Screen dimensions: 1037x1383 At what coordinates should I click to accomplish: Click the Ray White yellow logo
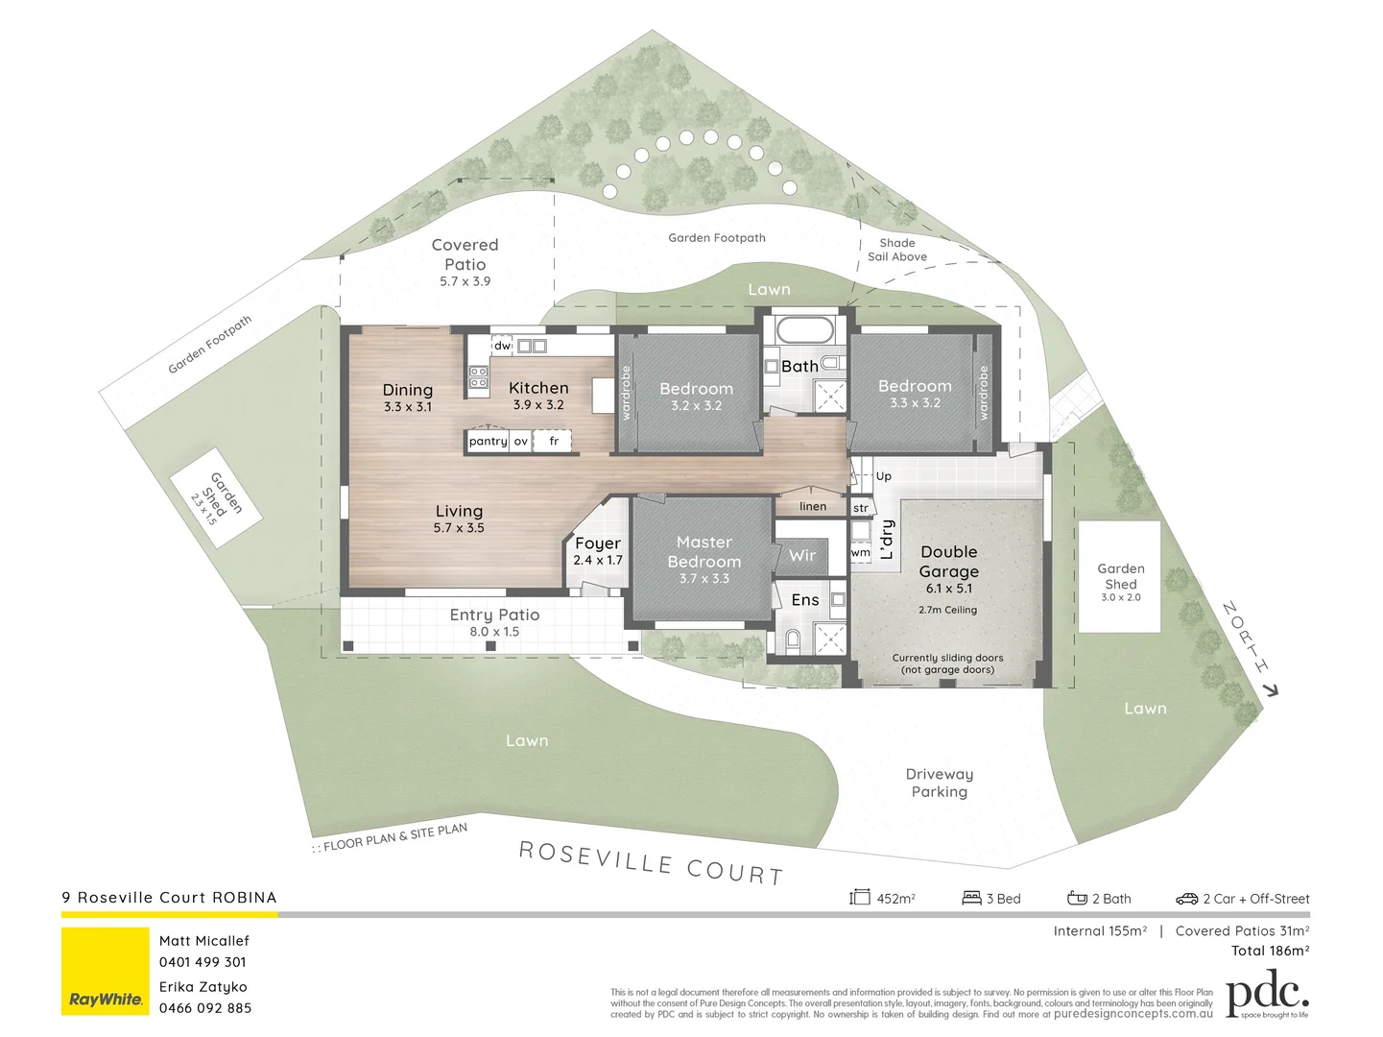tap(106, 971)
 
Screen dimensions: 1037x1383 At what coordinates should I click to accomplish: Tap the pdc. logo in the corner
tap(1267, 996)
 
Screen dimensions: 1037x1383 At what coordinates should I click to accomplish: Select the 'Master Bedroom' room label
tap(703, 552)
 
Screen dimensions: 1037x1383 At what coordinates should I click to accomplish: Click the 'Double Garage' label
tap(948, 562)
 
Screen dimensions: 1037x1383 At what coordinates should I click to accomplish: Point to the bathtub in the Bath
tap(804, 331)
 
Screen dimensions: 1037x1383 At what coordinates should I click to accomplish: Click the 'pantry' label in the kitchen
tap(488, 441)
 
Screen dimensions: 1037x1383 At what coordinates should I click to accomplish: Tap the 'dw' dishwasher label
tap(502, 346)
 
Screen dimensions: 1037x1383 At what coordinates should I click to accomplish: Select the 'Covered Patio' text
tap(465, 254)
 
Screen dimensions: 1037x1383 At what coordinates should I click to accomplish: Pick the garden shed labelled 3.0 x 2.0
tap(1119, 576)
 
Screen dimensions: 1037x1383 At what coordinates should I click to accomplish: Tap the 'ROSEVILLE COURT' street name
tap(651, 862)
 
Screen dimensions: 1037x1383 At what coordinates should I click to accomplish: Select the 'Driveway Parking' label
tap(939, 783)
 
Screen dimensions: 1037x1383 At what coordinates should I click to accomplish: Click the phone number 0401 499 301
tap(203, 961)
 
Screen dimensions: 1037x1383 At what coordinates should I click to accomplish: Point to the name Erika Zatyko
tap(203, 986)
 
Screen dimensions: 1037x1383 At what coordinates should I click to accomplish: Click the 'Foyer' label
tap(598, 543)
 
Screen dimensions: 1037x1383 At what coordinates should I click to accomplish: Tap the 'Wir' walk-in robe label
tap(802, 555)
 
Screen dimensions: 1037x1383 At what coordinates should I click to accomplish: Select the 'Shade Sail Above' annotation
tap(897, 250)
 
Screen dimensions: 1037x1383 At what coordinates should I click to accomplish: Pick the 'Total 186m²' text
tap(1270, 951)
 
